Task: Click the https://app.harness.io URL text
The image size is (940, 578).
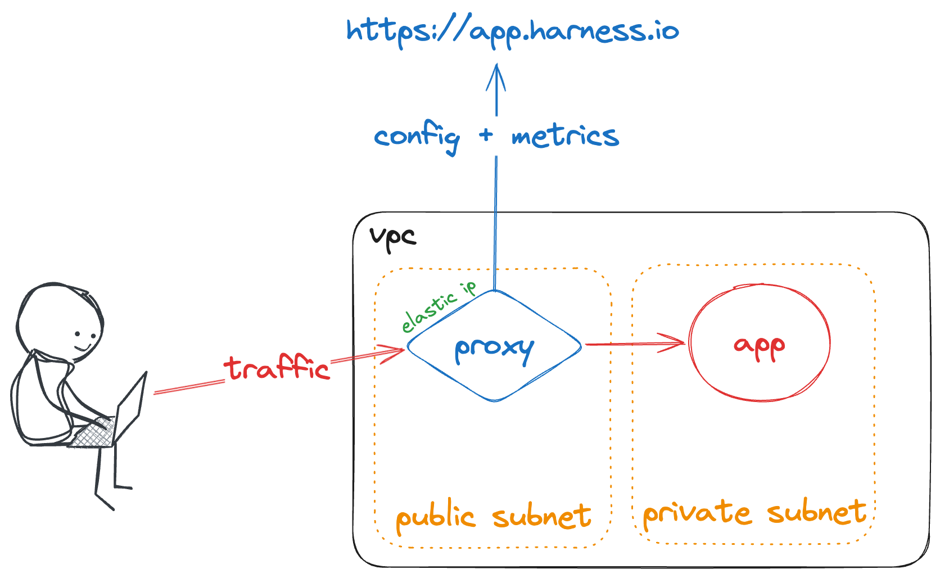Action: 512,31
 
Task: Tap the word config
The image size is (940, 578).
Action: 417,137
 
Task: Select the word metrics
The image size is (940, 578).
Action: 565,137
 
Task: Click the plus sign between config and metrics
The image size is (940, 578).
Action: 486,135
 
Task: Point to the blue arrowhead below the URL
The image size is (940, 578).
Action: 496,76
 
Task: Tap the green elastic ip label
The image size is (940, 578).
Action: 439,307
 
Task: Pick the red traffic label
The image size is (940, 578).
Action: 277,368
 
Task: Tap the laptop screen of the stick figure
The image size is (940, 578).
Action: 130,408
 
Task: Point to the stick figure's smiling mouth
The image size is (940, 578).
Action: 84,346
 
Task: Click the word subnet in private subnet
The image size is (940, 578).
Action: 817,512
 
